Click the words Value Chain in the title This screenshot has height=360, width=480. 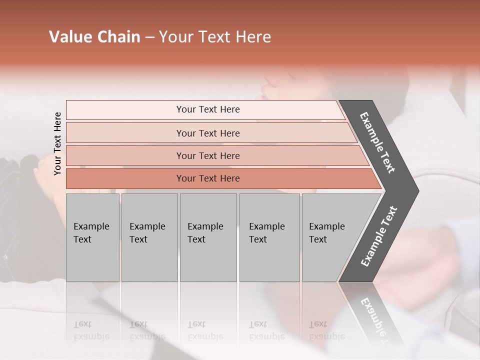pos(94,37)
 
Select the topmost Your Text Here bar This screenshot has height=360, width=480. pos(207,109)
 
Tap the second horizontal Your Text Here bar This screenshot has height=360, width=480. pos(207,133)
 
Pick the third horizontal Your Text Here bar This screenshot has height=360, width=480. pos(207,155)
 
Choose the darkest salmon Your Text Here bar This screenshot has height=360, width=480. pos(207,178)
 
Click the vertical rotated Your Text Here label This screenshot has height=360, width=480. pos(57,143)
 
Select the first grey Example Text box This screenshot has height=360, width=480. pos(92,237)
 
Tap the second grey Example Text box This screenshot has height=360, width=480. pos(149,237)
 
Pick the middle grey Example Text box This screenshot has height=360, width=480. pos(208,237)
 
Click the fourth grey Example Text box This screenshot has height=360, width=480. pos(269,237)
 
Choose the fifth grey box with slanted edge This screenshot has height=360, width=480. pos(330,237)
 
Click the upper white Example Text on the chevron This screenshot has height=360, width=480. pos(377,142)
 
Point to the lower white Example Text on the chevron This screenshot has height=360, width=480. pos(378,236)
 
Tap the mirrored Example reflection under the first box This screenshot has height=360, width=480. pos(91,336)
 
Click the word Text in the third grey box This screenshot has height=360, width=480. pos(196,239)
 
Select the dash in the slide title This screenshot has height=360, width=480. pos(149,37)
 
